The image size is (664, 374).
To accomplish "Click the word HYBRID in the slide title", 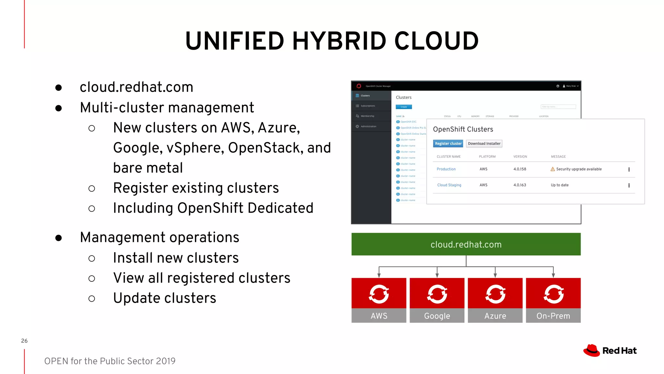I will click(x=339, y=41).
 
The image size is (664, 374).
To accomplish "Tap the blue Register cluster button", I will click(x=448, y=143).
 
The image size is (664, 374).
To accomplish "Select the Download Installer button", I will click(x=484, y=143).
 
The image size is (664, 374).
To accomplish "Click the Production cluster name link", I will click(x=446, y=169).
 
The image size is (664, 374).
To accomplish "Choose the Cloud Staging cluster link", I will click(x=449, y=185).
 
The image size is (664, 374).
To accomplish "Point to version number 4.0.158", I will click(x=520, y=169).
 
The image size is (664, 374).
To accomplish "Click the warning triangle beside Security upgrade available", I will click(x=553, y=169).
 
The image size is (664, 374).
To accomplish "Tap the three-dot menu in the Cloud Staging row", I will click(x=629, y=185).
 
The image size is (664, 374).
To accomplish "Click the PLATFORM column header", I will click(x=487, y=156).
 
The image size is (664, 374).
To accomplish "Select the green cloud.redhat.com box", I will click(x=466, y=244).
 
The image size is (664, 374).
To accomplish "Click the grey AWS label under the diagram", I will click(x=379, y=316).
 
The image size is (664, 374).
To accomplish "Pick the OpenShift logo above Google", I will click(x=437, y=294).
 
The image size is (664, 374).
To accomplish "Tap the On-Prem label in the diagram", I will click(x=553, y=316).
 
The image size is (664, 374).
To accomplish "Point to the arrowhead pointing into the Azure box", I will click(x=495, y=275).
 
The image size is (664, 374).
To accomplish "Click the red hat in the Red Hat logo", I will click(x=592, y=350).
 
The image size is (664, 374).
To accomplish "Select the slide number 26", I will click(x=24, y=341).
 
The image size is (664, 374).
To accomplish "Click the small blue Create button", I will click(x=404, y=107).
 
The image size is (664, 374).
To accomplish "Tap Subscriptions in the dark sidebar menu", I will click(x=368, y=106).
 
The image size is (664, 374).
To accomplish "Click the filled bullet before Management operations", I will click(x=59, y=238).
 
